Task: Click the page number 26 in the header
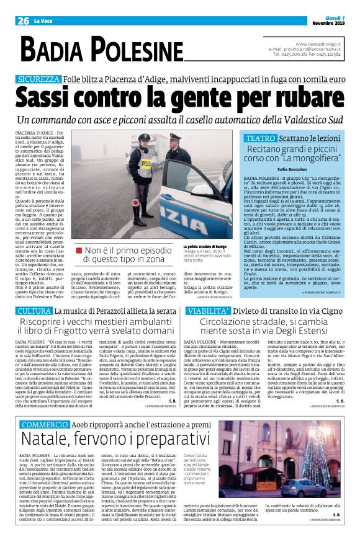23,20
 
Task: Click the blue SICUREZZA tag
38,80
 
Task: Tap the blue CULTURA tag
34,310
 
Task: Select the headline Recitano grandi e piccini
292,149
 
